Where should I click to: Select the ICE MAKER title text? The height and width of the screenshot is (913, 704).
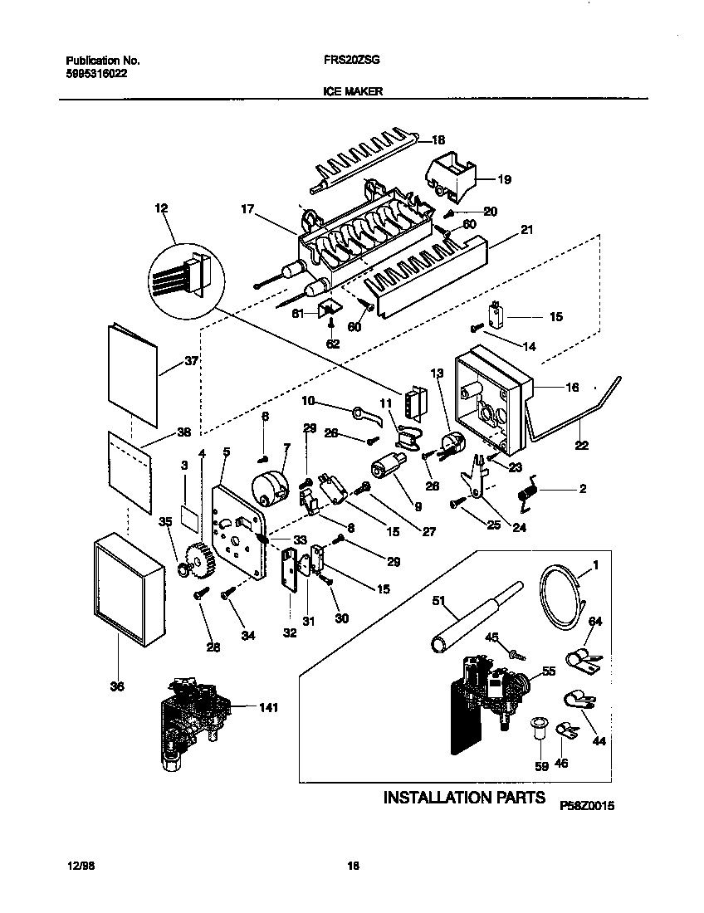click(x=352, y=93)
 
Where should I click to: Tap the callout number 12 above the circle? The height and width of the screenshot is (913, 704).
click(x=160, y=210)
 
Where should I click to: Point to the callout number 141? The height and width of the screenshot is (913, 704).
click(x=267, y=708)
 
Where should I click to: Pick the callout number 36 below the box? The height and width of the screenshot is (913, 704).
click(x=117, y=686)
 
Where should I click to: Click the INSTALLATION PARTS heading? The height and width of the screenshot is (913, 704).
click(x=463, y=798)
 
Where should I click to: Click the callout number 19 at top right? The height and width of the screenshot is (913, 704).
click(x=504, y=179)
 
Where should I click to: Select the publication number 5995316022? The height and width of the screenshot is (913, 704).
click(x=95, y=72)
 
